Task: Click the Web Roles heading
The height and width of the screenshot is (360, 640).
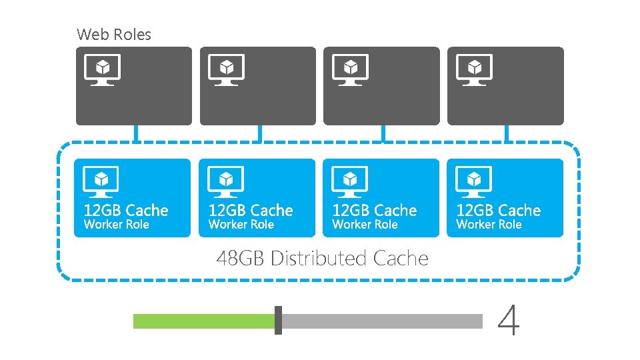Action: pyautogui.click(x=114, y=34)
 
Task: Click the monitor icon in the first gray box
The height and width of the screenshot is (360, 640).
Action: pyautogui.click(x=101, y=69)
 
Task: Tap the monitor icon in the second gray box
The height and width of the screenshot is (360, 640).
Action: pyautogui.click(x=226, y=69)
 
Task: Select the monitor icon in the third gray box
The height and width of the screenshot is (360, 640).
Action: pyautogui.click(x=350, y=69)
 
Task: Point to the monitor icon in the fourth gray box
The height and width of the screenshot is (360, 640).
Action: pyautogui.click(x=474, y=69)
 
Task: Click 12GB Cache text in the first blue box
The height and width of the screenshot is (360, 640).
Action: pyautogui.click(x=126, y=211)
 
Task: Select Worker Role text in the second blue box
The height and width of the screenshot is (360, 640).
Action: pyautogui.click(x=241, y=225)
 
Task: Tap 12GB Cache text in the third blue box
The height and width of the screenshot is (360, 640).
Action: pyautogui.click(x=375, y=211)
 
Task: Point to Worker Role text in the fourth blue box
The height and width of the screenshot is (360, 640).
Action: pyautogui.click(x=489, y=225)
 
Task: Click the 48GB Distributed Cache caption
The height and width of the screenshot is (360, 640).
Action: pyautogui.click(x=322, y=258)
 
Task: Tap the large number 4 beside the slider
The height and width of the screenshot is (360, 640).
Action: pyautogui.click(x=508, y=321)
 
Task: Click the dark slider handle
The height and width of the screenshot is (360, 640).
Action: pyautogui.click(x=278, y=321)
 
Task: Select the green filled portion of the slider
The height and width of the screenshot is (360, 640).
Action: pyautogui.click(x=203, y=321)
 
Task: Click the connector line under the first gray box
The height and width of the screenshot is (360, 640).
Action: pyautogui.click(x=135, y=133)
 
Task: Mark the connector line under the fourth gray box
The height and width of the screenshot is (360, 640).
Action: pyautogui.click(x=507, y=133)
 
